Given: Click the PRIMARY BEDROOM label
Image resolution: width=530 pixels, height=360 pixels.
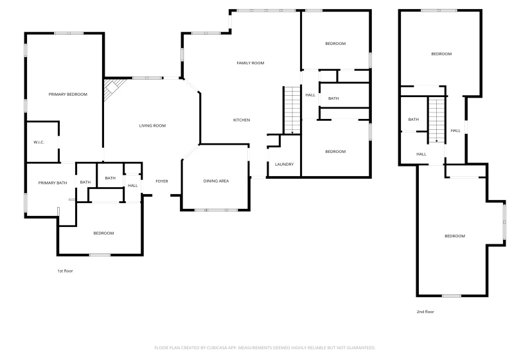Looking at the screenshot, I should point(67,94).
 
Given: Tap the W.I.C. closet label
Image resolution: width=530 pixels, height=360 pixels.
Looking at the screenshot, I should point(39,142).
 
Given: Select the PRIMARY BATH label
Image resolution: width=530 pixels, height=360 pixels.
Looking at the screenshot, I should point(52,183).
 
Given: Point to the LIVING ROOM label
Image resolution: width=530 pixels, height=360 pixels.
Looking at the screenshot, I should point(152,125).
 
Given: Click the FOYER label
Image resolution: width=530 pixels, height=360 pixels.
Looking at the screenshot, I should point(161,181).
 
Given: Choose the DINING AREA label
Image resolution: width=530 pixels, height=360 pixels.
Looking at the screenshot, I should point(216,181).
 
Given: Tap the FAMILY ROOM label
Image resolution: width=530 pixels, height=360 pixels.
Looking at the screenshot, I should point(250,63).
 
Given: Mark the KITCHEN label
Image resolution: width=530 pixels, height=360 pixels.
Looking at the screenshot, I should point(241,120).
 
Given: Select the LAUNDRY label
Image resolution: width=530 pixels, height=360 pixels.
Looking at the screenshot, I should point(284,165).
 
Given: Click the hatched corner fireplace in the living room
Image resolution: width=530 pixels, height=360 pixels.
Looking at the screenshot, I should point(113,87).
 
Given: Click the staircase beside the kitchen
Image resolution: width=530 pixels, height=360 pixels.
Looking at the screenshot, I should point(292,110).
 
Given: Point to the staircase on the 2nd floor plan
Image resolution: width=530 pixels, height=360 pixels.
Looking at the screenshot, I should point(436,121).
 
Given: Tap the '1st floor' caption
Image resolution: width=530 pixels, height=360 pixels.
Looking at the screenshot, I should point(65,271).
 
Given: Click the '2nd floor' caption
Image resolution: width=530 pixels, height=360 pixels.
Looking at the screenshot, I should point(425,312).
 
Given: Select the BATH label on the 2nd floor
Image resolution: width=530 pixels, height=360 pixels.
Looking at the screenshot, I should point(413,119).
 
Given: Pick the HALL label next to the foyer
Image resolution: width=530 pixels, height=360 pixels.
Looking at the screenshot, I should point(132,186).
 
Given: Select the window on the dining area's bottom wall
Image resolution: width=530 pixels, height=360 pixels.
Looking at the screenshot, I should point(215,210).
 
